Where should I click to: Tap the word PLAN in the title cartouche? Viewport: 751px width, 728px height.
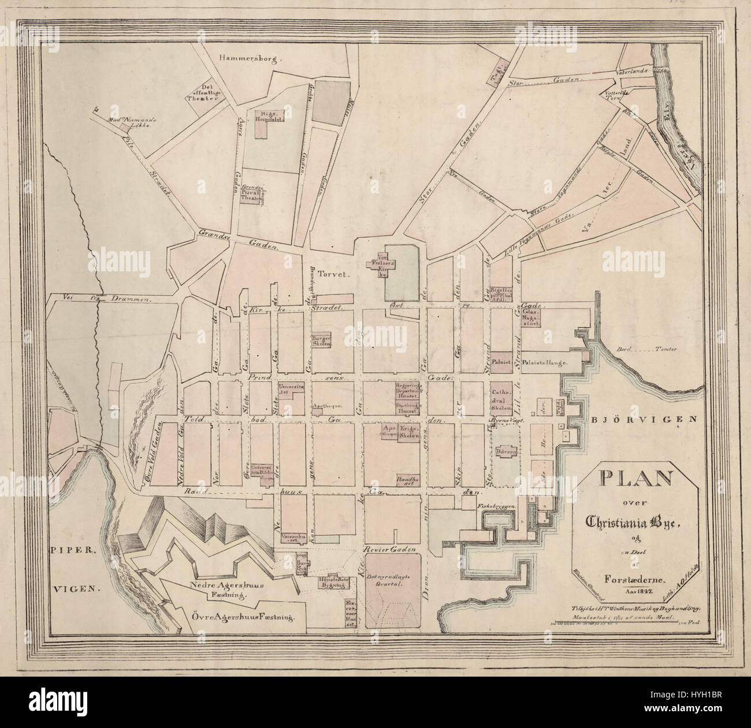(634, 480)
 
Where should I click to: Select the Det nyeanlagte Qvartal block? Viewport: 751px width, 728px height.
(392, 583)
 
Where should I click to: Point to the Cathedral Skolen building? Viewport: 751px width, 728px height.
(502, 400)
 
